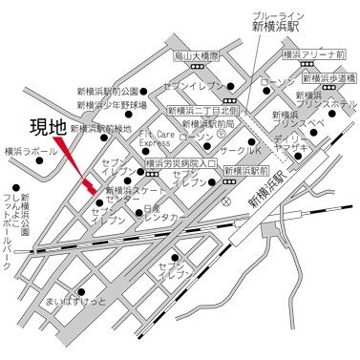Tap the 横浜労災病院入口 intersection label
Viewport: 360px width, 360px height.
tap(182, 164)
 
